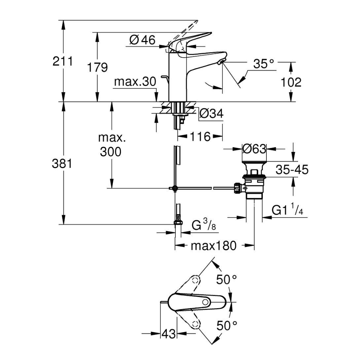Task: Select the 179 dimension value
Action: pyautogui.click(x=98, y=67)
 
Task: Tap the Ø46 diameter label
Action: pyautogui.click(x=141, y=40)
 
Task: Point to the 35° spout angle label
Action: pyautogui.click(x=264, y=64)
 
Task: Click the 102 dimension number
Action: pyautogui.click(x=291, y=82)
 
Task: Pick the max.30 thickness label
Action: pyautogui.click(x=135, y=82)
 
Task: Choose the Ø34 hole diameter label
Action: pyautogui.click(x=211, y=114)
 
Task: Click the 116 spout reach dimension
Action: pyautogui.click(x=200, y=136)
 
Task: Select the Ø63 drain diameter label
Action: pyautogui.click(x=254, y=148)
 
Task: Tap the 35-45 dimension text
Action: pyautogui.click(x=292, y=170)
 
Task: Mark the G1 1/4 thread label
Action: pyautogui.click(x=287, y=210)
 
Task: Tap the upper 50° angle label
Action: pyautogui.click(x=227, y=279)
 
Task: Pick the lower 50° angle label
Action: pyautogui.click(x=227, y=326)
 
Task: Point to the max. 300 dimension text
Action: pyautogui.click(x=111, y=145)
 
